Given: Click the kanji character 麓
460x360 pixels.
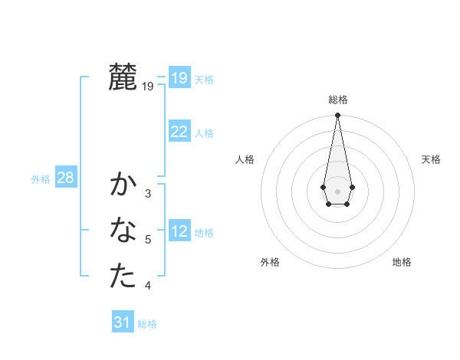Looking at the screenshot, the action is coord(123,77).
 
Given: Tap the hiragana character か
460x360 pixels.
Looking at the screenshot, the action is coord(123,185).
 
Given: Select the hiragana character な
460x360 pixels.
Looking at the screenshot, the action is coord(123,230).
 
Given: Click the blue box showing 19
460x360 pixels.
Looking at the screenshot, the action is coord(179,77).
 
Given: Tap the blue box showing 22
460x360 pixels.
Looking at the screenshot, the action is coord(179,131).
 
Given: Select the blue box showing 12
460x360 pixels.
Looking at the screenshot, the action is coord(179,231).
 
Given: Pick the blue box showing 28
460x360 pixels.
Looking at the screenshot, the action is coord(65,178).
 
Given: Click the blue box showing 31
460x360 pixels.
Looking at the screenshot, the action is coord(123,322).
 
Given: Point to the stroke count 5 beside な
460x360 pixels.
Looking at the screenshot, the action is coord(148,240).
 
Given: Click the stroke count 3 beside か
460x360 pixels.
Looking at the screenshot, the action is coord(148,194).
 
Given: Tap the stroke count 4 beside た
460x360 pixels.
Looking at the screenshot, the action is coord(148,286).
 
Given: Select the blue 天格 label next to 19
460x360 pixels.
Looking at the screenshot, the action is coord(204,79).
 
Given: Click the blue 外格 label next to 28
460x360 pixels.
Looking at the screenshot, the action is coord(41,179).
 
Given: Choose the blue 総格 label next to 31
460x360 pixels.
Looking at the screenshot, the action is coord(147,323).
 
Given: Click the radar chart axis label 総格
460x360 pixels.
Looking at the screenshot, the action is coord(337,100).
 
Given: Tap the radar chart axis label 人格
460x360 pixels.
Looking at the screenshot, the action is coord(245,159).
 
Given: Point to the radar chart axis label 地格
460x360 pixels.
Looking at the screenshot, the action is coord(402,262).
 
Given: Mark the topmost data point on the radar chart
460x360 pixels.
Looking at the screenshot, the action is coord(337,116).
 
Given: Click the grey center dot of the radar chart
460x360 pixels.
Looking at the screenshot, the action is coord(337,191).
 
